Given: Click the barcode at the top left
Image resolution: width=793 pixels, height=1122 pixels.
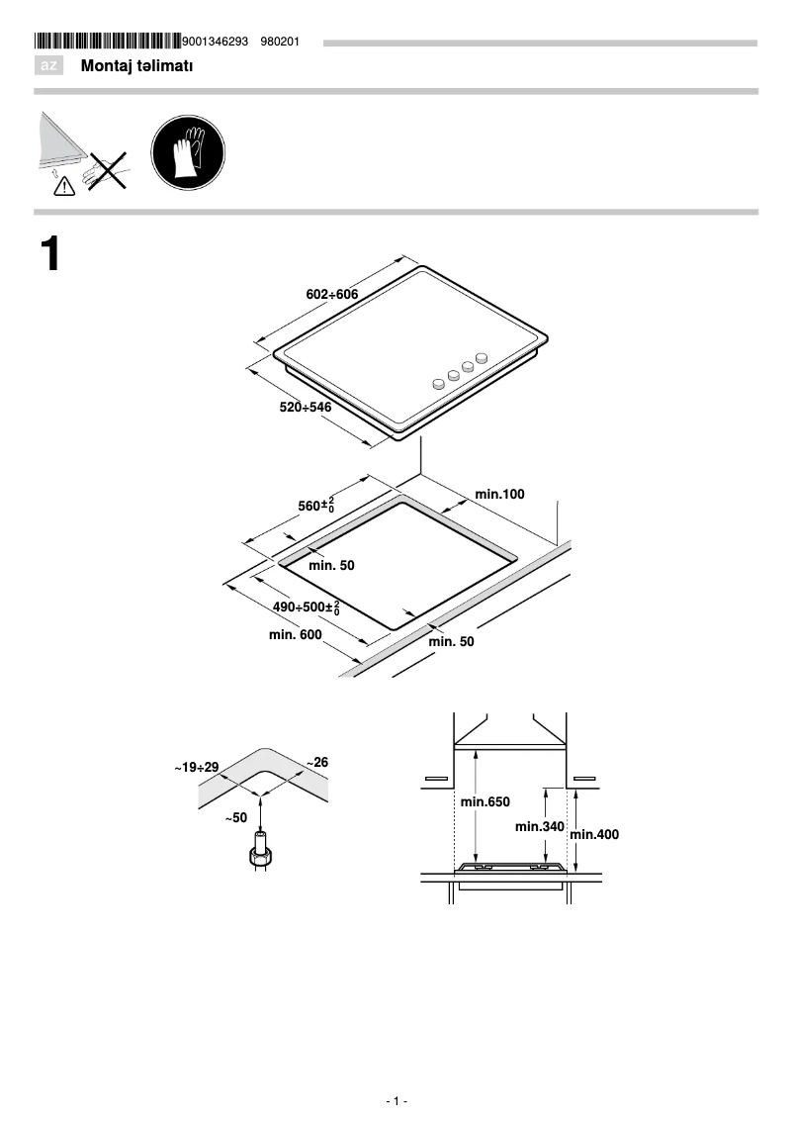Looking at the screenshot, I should click(x=108, y=42).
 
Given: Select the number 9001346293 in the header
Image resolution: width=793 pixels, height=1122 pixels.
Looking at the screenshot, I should click(x=216, y=42).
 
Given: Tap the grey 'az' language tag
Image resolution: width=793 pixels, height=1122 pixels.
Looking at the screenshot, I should click(x=48, y=66).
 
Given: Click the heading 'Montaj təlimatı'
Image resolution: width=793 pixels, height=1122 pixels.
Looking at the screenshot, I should click(x=136, y=66).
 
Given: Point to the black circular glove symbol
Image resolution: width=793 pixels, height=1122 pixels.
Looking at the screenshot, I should click(x=188, y=155).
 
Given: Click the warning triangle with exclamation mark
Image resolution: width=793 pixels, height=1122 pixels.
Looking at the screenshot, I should click(x=64, y=183).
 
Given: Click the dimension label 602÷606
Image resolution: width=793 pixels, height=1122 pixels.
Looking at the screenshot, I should click(x=331, y=295).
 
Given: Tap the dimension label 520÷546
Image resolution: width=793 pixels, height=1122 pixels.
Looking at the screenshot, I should click(x=305, y=407).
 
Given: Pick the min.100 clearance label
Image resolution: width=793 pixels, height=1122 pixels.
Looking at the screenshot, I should click(x=499, y=493).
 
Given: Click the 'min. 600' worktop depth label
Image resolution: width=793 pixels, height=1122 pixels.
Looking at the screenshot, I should click(x=296, y=635).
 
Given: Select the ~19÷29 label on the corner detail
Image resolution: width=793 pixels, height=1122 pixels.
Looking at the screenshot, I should click(x=196, y=767).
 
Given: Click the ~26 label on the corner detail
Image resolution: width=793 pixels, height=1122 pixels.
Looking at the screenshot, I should click(x=316, y=763).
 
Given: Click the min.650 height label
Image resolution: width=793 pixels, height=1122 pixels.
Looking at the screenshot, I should click(x=485, y=801).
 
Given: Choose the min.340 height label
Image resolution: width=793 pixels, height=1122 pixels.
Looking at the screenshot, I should click(x=539, y=826).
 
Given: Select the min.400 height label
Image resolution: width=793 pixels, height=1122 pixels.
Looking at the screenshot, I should click(x=595, y=834).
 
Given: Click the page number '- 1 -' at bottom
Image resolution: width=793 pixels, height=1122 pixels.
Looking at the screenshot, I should click(x=396, y=1101).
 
